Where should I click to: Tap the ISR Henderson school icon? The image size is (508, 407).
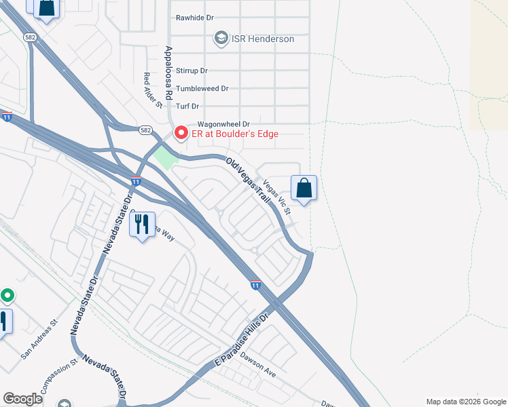click(x=221, y=39)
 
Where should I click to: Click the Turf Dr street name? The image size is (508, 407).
click(x=187, y=106)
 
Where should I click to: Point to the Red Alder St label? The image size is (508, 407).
click(x=152, y=90)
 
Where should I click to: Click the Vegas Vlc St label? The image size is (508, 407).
click(x=277, y=197)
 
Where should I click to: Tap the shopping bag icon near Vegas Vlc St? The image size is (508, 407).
click(x=304, y=188)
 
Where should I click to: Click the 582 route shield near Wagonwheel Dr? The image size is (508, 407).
click(x=145, y=129)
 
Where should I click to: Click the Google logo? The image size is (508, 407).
click(x=22, y=399)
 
